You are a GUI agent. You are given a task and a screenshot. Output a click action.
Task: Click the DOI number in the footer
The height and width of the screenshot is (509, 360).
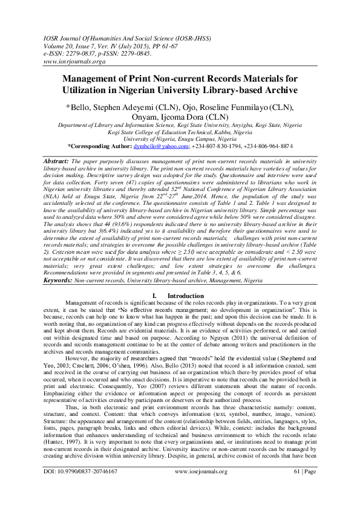pos(88,487)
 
